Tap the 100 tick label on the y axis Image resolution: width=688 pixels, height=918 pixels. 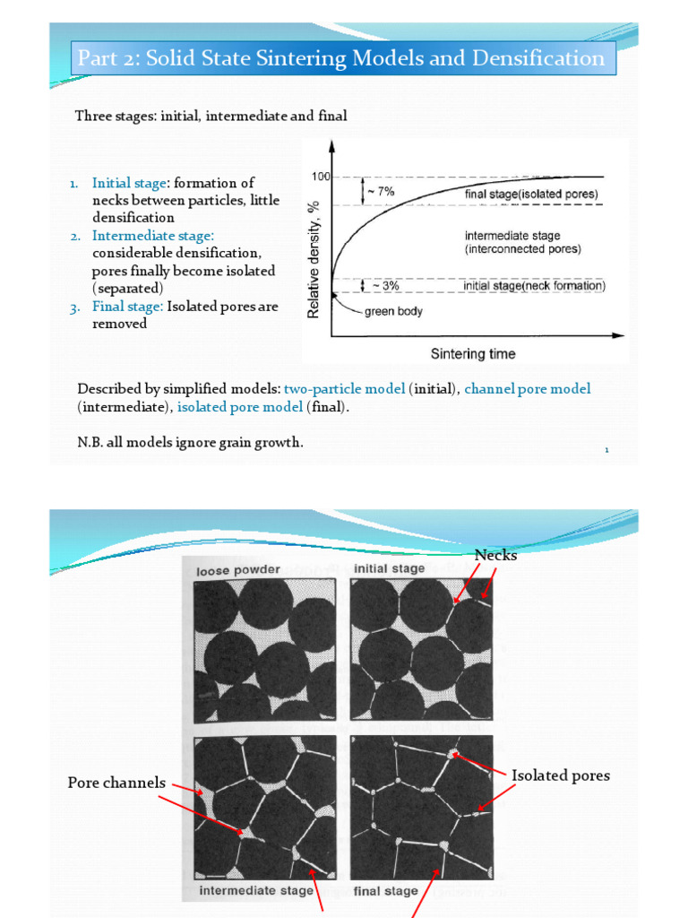click(x=321, y=177)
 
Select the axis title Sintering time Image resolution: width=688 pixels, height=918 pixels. click(x=473, y=353)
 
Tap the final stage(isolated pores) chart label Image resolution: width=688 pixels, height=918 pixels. click(x=531, y=194)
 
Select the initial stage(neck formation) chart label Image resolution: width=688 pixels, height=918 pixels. click(x=534, y=286)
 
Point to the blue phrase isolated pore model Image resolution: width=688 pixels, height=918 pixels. click(x=240, y=407)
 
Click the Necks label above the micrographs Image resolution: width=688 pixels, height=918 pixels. click(x=495, y=555)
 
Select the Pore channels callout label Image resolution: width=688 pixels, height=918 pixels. click(x=116, y=783)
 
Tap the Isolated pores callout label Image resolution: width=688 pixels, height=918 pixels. click(x=561, y=775)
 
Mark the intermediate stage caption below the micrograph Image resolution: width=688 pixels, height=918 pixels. click(x=256, y=890)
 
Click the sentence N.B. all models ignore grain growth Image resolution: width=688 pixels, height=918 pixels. click(x=184, y=443)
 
